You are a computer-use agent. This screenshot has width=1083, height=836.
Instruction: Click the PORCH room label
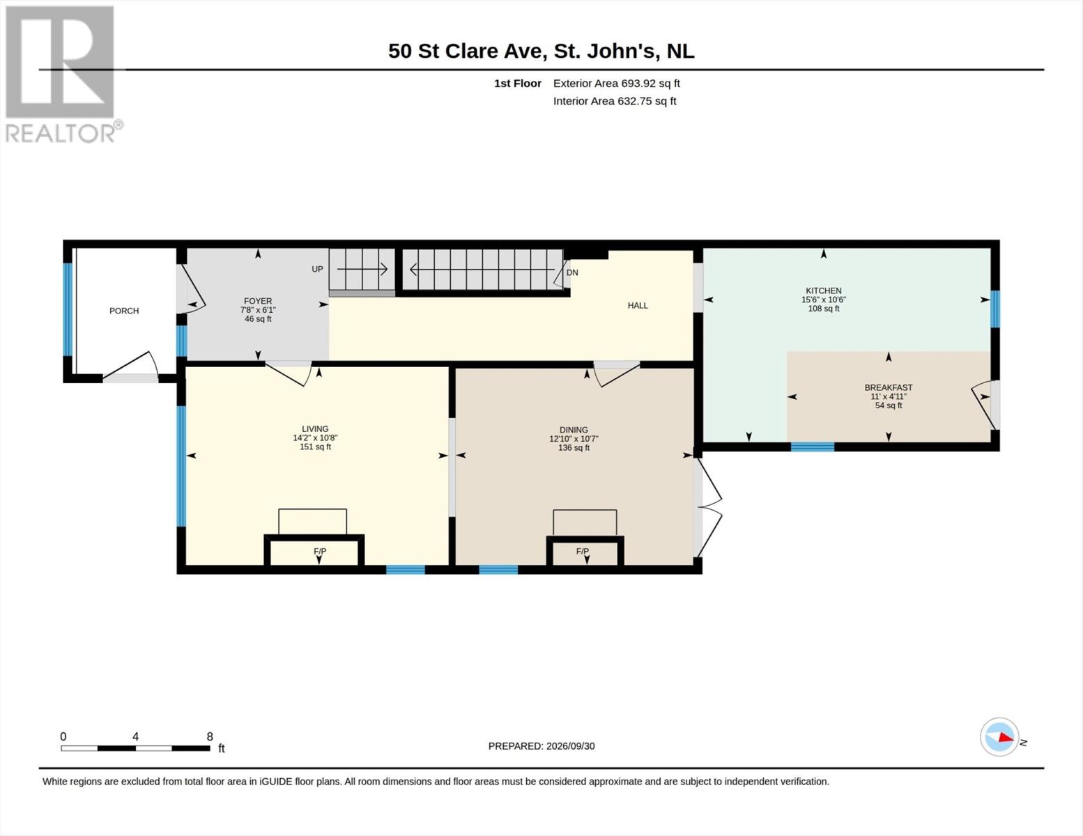tap(124, 311)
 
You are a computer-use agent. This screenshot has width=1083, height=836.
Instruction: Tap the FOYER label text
tap(258, 301)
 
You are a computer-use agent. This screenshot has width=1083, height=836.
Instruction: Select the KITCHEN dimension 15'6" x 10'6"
tap(823, 300)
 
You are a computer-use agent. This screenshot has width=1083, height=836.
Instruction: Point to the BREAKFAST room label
tap(888, 387)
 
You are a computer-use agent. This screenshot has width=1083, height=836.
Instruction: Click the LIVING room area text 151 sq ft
tap(315, 447)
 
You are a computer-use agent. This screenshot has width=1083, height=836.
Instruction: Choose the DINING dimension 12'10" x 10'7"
tap(574, 439)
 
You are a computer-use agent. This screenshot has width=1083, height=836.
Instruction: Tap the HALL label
tap(638, 305)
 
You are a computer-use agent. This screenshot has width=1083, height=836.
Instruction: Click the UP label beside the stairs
tap(318, 269)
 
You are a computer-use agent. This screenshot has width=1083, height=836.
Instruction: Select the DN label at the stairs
tap(572, 272)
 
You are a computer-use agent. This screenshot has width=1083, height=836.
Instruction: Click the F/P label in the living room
tap(320, 552)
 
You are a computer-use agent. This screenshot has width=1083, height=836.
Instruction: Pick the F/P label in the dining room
tap(583, 552)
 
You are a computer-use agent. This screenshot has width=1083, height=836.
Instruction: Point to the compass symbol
tap(999, 736)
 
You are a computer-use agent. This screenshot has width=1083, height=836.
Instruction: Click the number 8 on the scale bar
tap(210, 736)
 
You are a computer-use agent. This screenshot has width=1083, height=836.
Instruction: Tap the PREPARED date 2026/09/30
tap(570, 746)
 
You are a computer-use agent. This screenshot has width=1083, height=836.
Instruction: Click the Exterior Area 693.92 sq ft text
tap(617, 83)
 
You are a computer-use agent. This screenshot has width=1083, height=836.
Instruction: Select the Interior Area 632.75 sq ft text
tap(615, 101)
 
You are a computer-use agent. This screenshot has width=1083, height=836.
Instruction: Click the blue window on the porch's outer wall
tap(68, 309)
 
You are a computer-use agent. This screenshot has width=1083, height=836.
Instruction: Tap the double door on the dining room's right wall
tap(707, 507)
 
